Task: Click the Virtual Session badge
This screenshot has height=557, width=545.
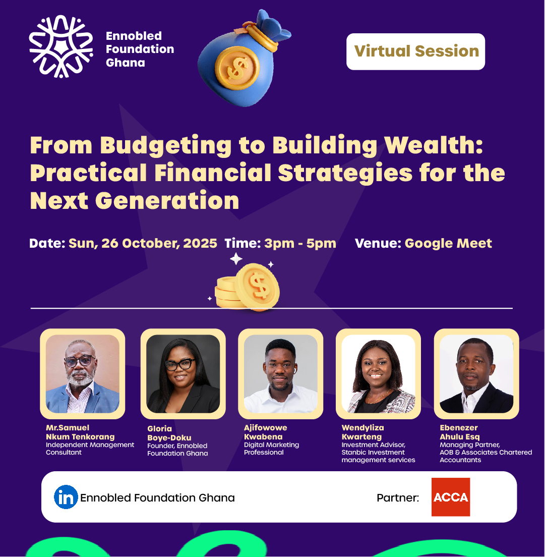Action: point(415,51)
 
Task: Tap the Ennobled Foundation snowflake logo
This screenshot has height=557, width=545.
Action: point(61,46)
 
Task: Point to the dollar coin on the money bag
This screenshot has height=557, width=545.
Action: point(237,68)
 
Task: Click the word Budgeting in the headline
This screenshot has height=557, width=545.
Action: point(166,146)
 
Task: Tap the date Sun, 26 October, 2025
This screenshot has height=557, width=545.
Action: point(143,243)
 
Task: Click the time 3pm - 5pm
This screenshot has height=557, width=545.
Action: point(300,243)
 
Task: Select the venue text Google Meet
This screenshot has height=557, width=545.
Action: point(448,243)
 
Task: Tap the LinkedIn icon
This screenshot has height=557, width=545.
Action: point(66,497)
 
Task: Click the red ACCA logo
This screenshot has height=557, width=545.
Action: point(451,497)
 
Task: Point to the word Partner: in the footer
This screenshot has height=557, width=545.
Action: point(398,497)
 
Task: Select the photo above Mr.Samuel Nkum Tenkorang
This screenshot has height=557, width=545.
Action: point(82,374)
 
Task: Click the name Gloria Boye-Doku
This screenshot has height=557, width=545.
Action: point(169,433)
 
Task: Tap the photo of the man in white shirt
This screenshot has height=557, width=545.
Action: point(280,374)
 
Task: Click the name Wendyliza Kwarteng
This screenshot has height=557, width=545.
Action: point(362,432)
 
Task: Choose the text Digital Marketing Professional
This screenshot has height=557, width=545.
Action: point(271,449)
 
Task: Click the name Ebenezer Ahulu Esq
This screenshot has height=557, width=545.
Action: point(459,432)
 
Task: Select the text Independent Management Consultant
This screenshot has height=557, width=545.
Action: point(90,449)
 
